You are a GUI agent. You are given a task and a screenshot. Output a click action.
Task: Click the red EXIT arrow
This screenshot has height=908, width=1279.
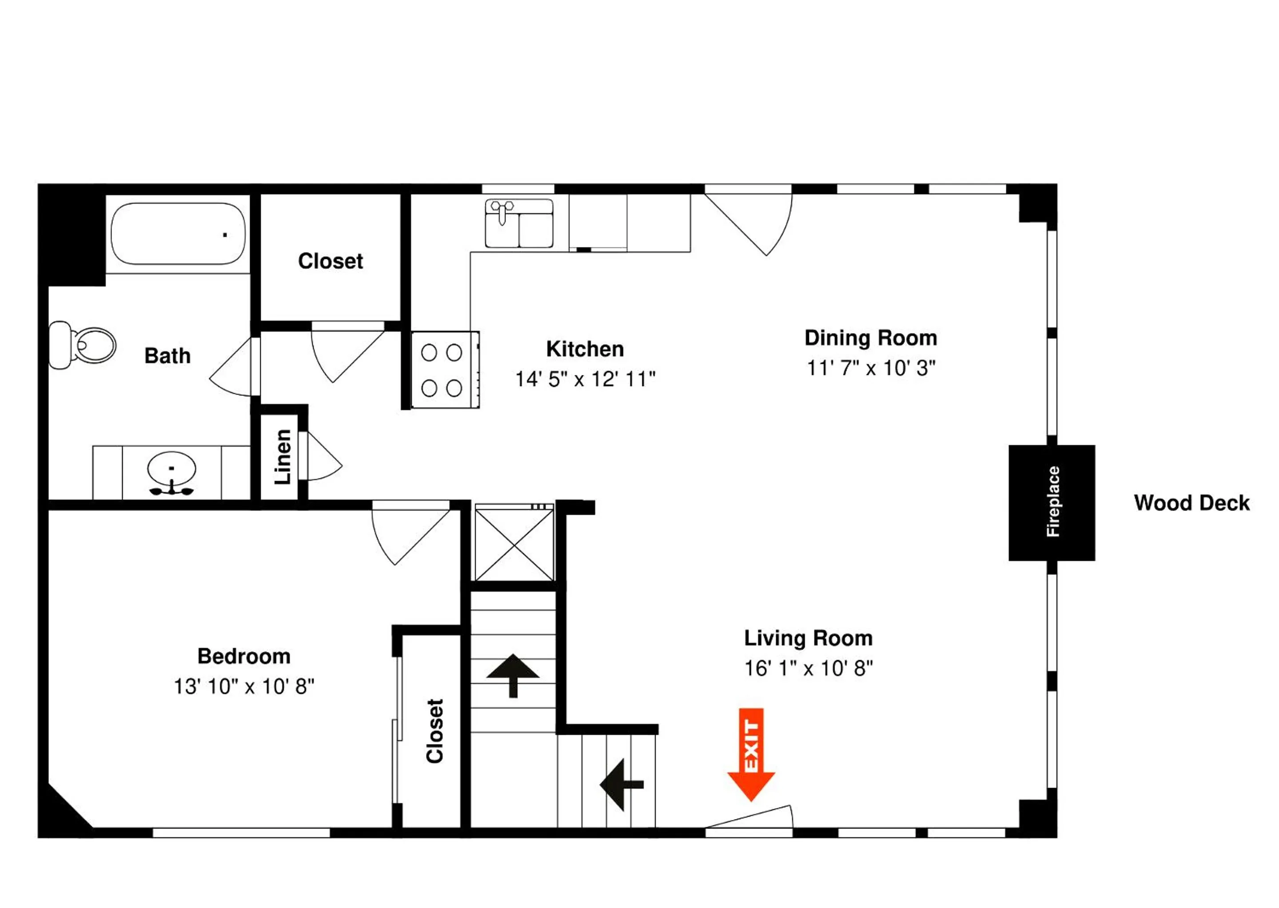click(751, 754)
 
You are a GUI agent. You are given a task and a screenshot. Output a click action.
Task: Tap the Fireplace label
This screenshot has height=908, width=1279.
click(1052, 502)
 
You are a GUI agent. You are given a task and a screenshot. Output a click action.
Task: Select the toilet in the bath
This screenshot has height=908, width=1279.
click(82, 345)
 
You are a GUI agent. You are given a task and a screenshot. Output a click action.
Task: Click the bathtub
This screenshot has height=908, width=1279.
click(178, 233)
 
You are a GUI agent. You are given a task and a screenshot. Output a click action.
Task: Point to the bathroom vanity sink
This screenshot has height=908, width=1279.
click(171, 470)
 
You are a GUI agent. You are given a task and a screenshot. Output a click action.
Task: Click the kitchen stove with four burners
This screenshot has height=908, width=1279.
click(445, 370)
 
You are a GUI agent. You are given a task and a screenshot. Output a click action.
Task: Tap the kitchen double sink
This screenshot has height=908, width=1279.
click(519, 223)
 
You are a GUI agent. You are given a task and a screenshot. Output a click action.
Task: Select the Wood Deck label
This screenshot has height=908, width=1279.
click(1191, 503)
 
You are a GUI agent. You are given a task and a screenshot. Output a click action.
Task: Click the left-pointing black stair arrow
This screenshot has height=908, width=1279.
click(622, 785)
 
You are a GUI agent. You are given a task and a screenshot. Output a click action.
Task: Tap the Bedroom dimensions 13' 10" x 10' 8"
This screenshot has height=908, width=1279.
click(244, 687)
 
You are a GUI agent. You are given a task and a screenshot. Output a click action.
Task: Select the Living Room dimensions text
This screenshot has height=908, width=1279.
click(809, 668)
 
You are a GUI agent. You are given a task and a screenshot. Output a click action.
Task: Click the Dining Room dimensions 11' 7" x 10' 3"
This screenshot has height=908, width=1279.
click(871, 368)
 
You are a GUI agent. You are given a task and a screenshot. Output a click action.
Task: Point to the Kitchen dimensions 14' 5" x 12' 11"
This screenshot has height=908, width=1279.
click(585, 379)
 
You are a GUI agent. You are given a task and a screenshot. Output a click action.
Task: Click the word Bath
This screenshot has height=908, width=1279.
click(167, 355)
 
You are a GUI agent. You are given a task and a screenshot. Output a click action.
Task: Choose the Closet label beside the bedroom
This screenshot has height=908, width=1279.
click(434, 731)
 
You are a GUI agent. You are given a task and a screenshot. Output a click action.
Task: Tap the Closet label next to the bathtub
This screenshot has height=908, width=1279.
click(331, 261)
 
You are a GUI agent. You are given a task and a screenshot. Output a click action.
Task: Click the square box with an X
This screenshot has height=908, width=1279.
click(514, 542)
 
